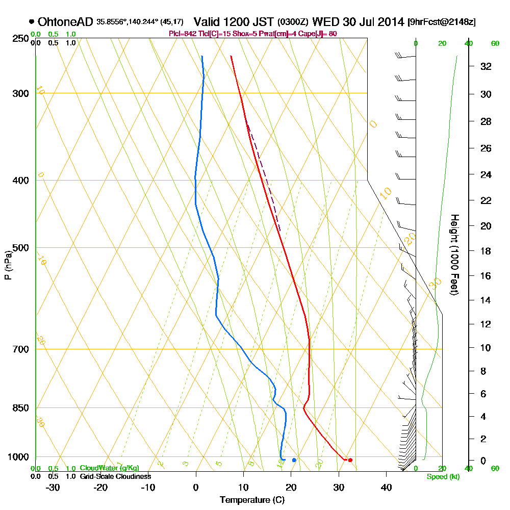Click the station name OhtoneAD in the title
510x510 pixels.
(x=65, y=22)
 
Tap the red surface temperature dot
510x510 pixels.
(x=350, y=460)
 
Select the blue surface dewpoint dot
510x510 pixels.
(x=294, y=460)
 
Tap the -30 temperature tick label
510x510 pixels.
(x=53, y=488)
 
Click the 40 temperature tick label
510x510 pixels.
(x=386, y=488)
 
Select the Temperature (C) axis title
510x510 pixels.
(x=252, y=500)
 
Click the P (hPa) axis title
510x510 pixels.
(x=8, y=265)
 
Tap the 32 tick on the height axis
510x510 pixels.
(x=486, y=66)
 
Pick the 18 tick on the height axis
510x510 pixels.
(x=486, y=251)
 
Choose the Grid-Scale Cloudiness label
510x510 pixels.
(x=115, y=476)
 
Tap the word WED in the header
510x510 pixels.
(x=326, y=22)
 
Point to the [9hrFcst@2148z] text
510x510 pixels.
(x=442, y=22)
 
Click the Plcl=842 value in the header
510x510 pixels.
(x=182, y=34)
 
